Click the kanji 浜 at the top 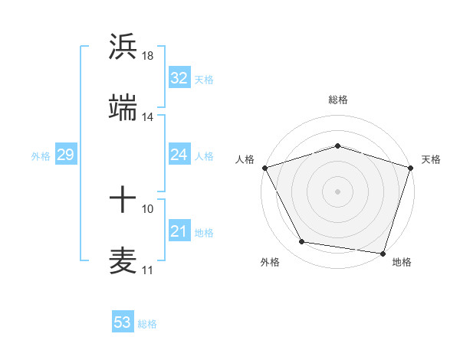coord(123,46)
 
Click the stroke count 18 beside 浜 coord(148,55)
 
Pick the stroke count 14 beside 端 coord(148,117)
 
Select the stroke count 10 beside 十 coord(148,208)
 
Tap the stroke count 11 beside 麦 coord(148,270)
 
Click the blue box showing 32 coord(179,78)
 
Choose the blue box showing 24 coord(179,155)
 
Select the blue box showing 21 coord(179,231)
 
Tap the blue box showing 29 coord(65,155)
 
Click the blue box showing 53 coord(123,322)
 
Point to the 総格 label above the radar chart coord(338,100)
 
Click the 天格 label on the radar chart coord(432,159)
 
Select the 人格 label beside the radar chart coord(245,159)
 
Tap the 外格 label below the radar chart coord(270,262)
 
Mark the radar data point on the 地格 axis coord(383,253)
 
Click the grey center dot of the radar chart coord(337,191)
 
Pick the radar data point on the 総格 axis coord(337,146)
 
